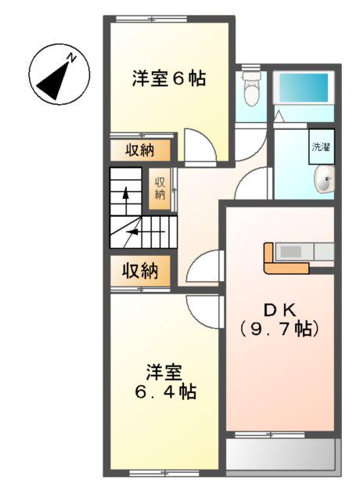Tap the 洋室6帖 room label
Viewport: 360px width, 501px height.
169,78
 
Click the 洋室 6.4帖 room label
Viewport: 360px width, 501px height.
164,380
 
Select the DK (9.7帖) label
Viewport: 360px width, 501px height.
279,319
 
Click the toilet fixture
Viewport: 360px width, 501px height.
251,90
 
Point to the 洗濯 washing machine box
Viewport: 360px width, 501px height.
321,146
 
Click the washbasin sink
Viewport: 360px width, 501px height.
323,182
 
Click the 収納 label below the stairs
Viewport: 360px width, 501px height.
139,271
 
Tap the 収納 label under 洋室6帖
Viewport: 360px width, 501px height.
139,150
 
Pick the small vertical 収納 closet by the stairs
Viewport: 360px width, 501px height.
160,188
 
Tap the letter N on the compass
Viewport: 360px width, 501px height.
70,56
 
